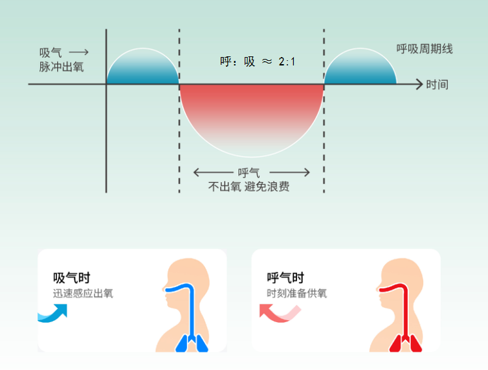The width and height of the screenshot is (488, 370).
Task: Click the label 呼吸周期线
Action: (425, 49)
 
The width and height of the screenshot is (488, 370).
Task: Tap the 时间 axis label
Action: (437, 84)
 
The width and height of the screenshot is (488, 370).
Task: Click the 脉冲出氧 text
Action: (61, 66)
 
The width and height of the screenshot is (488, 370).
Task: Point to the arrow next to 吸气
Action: (78, 52)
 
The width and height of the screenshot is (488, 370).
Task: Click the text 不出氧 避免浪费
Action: (249, 187)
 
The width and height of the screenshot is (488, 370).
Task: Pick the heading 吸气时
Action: (71, 278)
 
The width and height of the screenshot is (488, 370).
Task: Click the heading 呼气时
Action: (285, 278)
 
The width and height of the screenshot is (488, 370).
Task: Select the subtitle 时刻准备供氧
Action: (297, 294)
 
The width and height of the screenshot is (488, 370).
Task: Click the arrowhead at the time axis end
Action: (418, 84)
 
